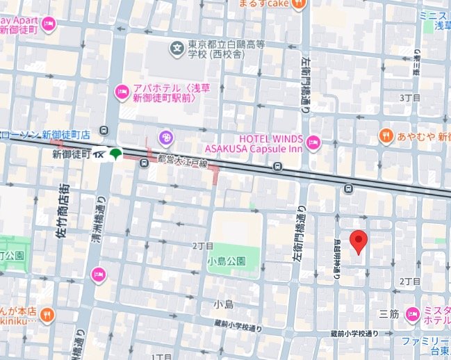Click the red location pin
point(358,242)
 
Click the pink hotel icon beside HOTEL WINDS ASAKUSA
point(313,142)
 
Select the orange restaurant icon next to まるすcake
point(298,3)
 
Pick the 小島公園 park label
point(226,261)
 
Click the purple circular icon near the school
point(165,136)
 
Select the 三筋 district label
point(389,313)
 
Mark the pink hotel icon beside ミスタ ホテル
point(413,314)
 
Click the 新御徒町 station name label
point(73,154)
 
